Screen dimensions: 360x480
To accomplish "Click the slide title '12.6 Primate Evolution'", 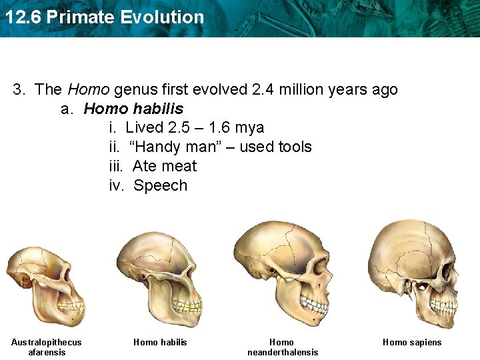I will tap(104, 17).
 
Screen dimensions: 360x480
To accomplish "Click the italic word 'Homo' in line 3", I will tap(88, 89).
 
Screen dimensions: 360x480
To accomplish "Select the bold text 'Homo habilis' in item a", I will tap(133, 109).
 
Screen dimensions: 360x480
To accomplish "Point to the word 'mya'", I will tap(250, 127).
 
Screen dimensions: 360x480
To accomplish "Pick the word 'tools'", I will tap(291, 147).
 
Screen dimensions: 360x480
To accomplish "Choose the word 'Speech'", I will tap(160, 185).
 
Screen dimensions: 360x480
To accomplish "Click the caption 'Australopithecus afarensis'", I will tap(46, 347).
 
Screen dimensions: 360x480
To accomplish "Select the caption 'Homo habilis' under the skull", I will tap(160, 342).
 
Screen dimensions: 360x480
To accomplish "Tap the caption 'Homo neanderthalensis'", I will tap(283, 347).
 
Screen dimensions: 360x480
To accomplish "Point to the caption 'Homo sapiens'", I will tap(412, 342).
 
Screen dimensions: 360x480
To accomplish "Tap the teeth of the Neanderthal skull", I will tap(313, 304).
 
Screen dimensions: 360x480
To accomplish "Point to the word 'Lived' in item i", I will tap(144, 127).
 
